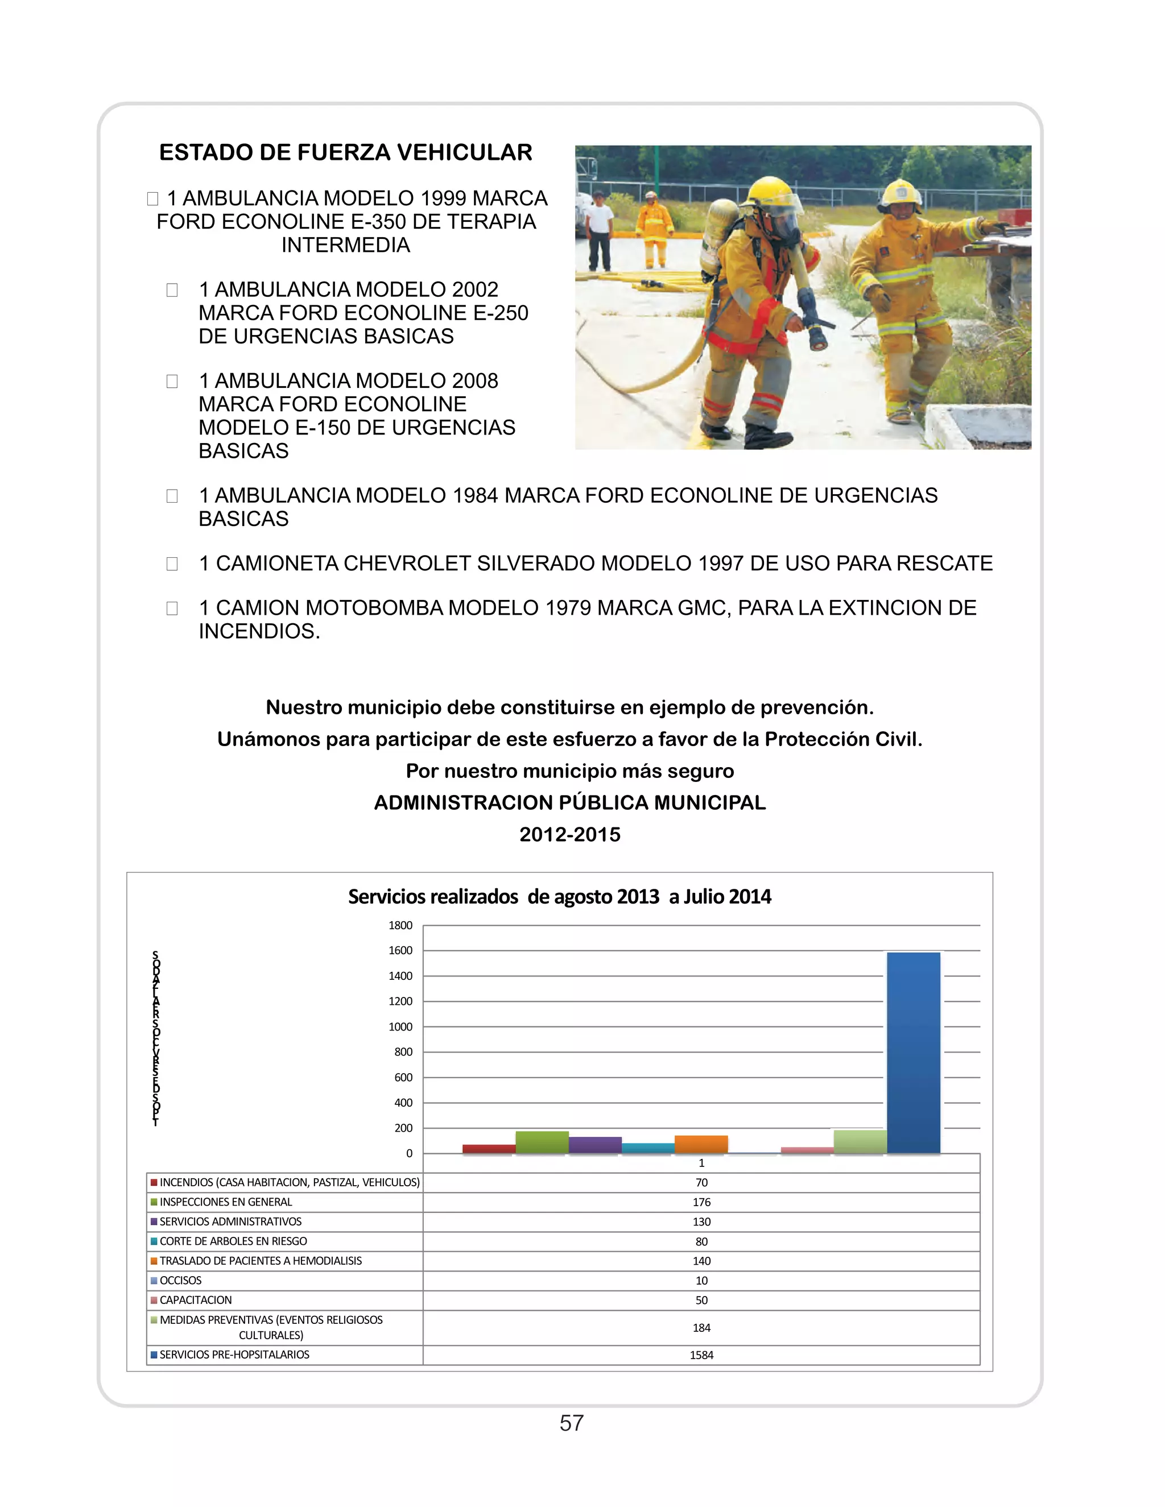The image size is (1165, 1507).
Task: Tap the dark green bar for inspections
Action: pyautogui.click(x=542, y=1142)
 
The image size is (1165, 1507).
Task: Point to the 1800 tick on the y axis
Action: pyautogui.click(x=400, y=925)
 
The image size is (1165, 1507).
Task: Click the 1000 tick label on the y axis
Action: pyautogui.click(x=400, y=1026)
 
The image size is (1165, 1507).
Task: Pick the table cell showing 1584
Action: pyautogui.click(x=701, y=1355)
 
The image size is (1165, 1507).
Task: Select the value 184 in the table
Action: pyautogui.click(x=701, y=1328)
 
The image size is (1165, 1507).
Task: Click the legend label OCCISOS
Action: pyautogui.click(x=181, y=1281)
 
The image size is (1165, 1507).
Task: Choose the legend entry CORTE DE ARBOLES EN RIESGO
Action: pyautogui.click(x=233, y=1241)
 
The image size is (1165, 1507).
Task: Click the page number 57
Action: pyautogui.click(x=572, y=1423)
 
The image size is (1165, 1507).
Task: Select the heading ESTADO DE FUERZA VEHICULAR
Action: pyautogui.click(x=346, y=152)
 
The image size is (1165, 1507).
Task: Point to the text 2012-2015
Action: pyautogui.click(x=570, y=834)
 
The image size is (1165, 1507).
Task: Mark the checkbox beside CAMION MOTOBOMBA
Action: pyautogui.click(x=172, y=608)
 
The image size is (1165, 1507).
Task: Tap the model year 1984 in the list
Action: pyautogui.click(x=475, y=495)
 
